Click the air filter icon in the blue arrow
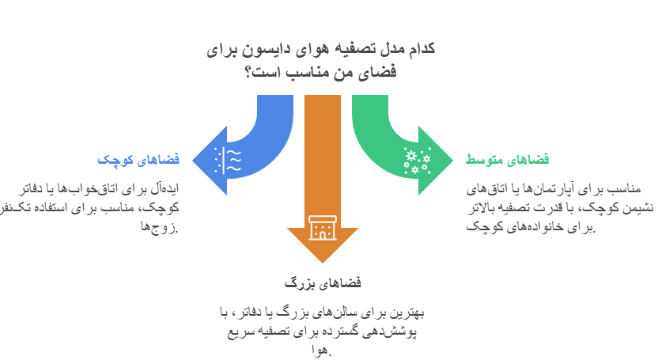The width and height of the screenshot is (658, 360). pos(228,160)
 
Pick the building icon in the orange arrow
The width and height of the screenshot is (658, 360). pos(323,228)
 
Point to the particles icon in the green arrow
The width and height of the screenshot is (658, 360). pos(417,160)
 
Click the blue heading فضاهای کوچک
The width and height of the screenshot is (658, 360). pos(138,160)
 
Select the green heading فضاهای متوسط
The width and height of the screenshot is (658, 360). pos(507,160)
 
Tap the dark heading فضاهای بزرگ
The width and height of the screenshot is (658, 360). pos(323,283)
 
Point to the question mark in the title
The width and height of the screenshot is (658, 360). pos(248,72)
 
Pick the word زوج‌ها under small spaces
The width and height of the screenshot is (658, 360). pos(160,227)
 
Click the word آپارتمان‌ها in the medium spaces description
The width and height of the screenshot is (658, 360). pos(545,189)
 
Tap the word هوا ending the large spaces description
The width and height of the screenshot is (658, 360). pos(322,350)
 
